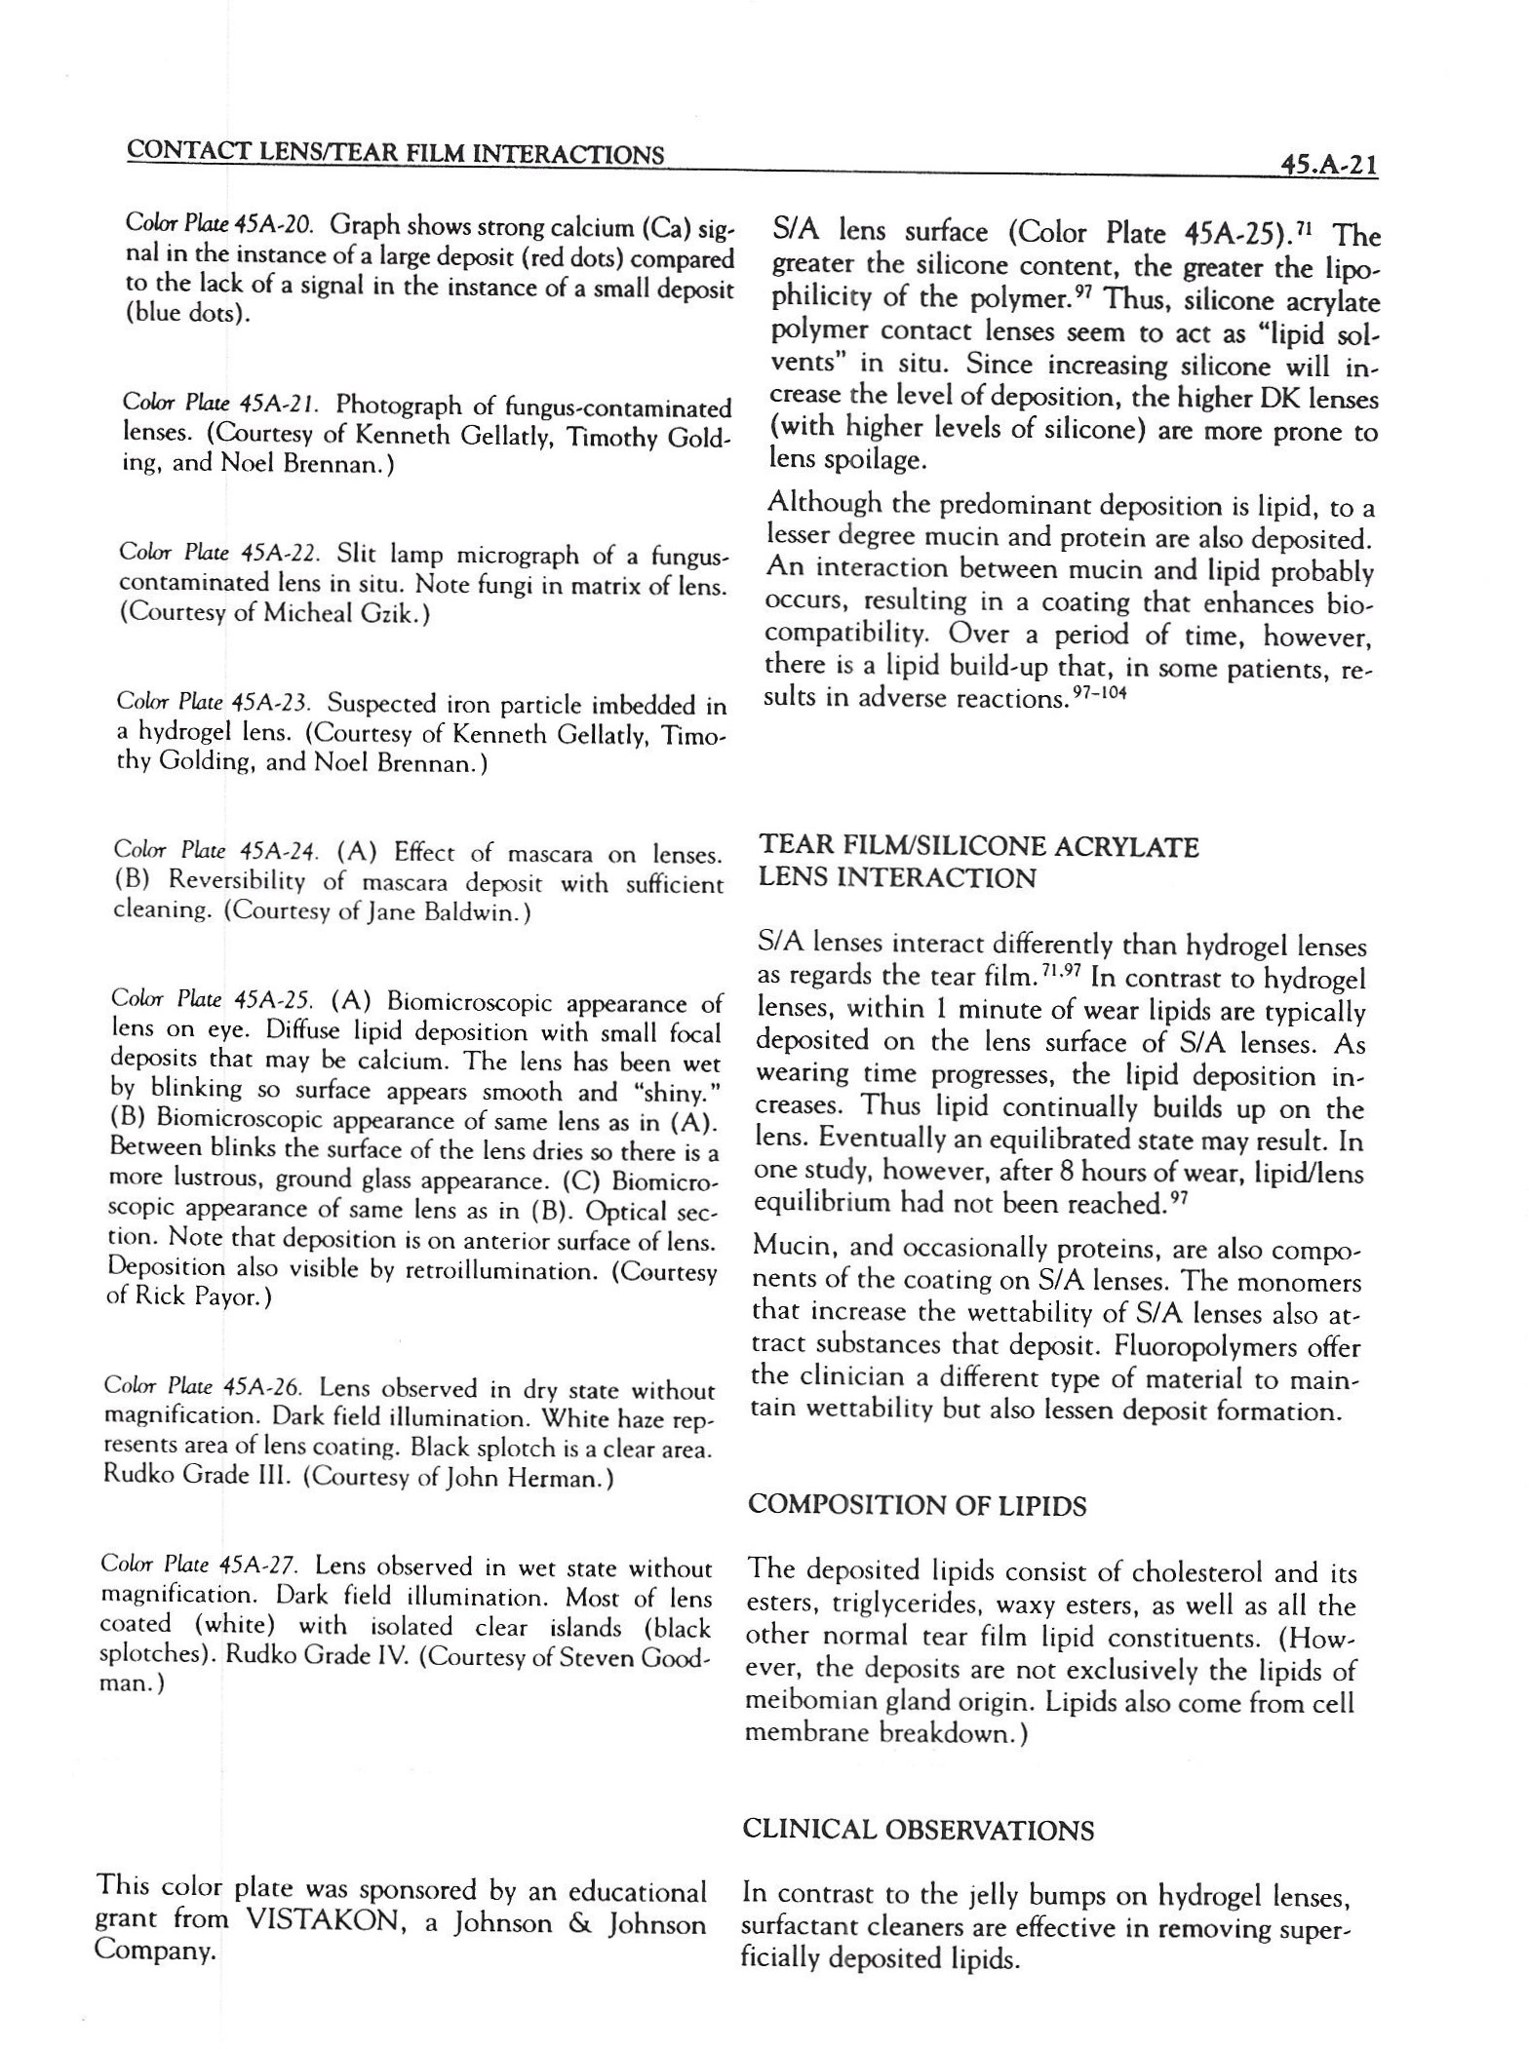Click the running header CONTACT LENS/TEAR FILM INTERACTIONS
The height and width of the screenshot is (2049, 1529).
(x=396, y=154)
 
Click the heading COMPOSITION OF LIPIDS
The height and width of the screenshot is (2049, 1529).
(x=916, y=1506)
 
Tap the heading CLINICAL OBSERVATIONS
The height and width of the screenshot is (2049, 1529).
(x=918, y=1831)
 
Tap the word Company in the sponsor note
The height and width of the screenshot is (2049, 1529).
(x=154, y=1953)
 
